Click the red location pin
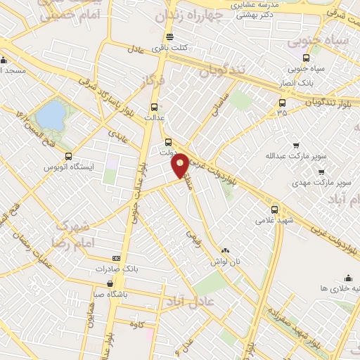tap(180, 164)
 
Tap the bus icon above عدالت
tap(153, 108)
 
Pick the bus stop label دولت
tap(167, 151)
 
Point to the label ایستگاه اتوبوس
tap(69, 167)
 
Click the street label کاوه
tap(143, 325)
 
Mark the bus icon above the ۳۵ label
tap(282, 103)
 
